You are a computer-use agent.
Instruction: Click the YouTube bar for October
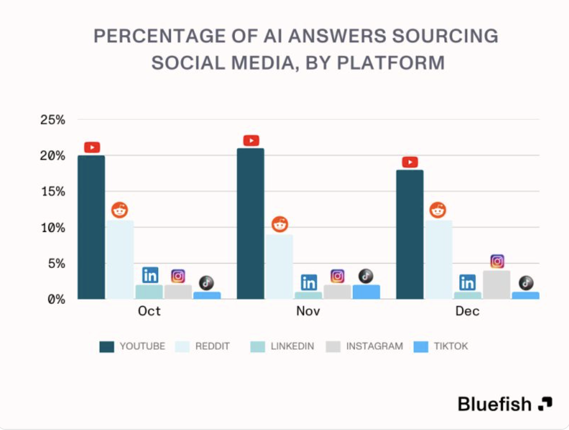tap(91, 227)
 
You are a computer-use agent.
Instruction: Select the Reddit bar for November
tap(280, 266)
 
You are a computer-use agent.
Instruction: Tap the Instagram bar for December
tap(496, 284)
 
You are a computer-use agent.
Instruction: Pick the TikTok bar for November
tap(366, 292)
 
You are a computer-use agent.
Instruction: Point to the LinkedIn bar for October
tap(149, 292)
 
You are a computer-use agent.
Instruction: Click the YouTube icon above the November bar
tap(251, 141)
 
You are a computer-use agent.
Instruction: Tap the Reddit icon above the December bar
tap(438, 210)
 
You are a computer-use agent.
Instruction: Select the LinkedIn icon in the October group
tap(150, 275)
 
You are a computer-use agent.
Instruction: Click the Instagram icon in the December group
tap(497, 262)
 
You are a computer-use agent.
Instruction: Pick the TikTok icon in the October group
tap(206, 282)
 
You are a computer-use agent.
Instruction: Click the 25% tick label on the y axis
tap(53, 120)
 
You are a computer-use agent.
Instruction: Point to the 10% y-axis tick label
tap(53, 228)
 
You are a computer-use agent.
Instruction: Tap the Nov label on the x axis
tap(308, 311)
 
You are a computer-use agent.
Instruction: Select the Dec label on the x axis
tap(467, 311)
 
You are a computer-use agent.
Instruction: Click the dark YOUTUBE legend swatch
tap(107, 346)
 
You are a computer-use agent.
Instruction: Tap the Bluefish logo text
tap(495, 404)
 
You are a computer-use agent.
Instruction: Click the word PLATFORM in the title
tap(390, 62)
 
